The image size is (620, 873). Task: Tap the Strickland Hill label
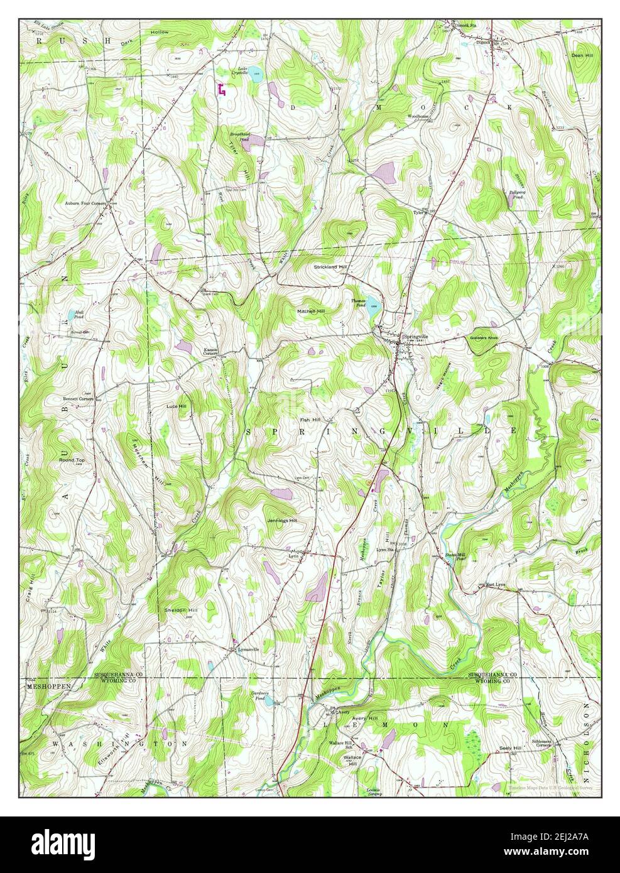pos(330,267)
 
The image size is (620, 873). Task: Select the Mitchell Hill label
pos(312,311)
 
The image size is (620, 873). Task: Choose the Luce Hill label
pos(176,406)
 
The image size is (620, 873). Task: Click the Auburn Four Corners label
pos(86,203)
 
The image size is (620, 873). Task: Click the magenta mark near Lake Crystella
pos(220,90)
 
